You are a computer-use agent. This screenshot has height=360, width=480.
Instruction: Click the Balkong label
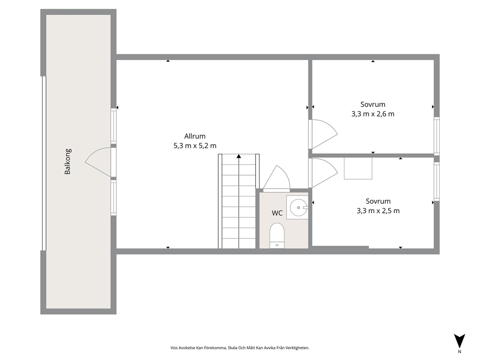(68, 161)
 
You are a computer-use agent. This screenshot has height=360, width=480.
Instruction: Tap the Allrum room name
(195, 136)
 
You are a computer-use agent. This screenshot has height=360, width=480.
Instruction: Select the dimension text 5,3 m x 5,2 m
(195, 146)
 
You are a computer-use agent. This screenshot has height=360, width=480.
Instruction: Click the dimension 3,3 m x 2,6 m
(373, 114)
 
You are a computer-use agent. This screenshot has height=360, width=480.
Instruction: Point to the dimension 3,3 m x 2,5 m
(378, 211)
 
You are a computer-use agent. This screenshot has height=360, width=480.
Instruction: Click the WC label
(277, 213)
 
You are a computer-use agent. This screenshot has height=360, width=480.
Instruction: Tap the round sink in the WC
(299, 207)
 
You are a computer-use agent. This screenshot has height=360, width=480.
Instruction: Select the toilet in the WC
(277, 235)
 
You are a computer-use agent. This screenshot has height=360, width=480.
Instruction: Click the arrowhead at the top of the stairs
(239, 156)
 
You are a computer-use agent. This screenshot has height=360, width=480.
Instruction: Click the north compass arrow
(460, 341)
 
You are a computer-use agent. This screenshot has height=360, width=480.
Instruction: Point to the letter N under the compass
(460, 351)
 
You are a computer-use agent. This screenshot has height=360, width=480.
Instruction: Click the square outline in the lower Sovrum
(358, 168)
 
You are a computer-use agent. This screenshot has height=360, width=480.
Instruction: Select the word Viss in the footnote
(174, 348)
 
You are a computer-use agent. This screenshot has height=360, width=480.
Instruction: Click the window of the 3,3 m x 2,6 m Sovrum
(436, 135)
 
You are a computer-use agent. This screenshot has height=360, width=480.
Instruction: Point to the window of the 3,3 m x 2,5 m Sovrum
(436, 181)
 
